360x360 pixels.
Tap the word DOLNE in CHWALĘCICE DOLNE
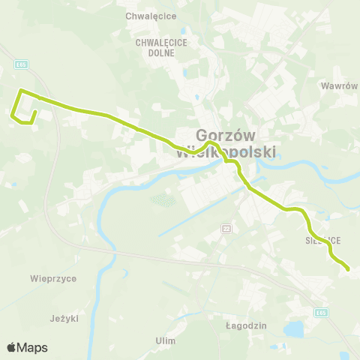(x=156, y=54)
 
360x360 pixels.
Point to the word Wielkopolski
(x=225, y=152)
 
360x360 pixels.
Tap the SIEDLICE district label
(x=323, y=241)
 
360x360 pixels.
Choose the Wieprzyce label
(x=53, y=278)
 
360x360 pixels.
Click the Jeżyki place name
(x=64, y=318)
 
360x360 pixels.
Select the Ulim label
(x=166, y=340)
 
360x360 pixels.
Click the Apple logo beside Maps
(x=11, y=347)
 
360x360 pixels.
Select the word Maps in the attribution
(x=33, y=347)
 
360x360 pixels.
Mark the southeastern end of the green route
(x=348, y=268)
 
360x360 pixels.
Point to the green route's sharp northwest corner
(x=20, y=91)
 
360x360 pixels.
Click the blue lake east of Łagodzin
(x=295, y=328)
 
